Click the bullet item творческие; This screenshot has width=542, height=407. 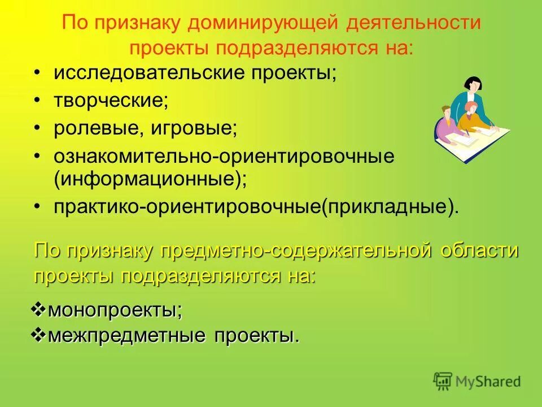point(111,101)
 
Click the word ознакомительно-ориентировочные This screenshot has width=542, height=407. point(224,156)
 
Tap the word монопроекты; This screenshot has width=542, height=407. point(115,310)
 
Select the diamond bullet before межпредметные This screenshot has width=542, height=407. point(38,335)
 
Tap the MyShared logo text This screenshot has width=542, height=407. point(489,382)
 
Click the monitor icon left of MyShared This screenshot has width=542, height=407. point(443,382)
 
